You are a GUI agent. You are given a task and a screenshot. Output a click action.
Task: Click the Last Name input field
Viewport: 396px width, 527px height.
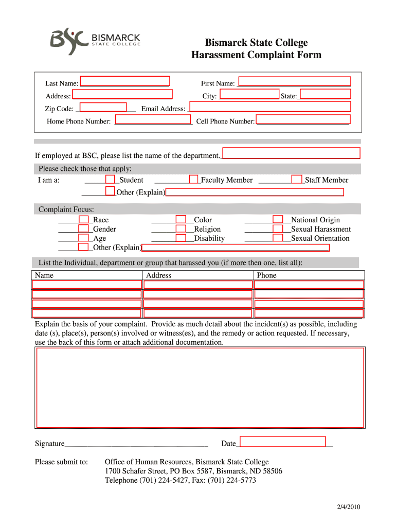click(125, 81)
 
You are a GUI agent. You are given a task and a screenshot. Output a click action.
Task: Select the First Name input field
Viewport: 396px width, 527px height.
click(295, 81)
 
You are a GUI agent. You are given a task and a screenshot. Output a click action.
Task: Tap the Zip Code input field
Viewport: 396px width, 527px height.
click(104, 107)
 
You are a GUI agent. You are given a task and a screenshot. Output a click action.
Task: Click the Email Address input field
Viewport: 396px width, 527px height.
click(270, 107)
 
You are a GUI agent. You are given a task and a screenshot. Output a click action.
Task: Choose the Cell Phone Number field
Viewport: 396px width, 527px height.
click(303, 119)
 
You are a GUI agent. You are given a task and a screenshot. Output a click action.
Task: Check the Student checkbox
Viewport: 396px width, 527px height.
click(110, 179)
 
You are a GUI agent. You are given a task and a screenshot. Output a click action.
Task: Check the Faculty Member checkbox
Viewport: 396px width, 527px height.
click(193, 179)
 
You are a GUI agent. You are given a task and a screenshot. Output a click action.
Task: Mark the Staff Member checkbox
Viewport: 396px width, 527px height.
click(297, 179)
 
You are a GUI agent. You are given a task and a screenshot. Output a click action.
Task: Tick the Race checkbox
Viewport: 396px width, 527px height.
click(83, 220)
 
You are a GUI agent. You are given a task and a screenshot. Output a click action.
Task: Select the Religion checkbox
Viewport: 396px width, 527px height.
click(181, 229)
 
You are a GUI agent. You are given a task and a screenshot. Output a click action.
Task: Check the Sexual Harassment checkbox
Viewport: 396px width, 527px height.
click(278, 229)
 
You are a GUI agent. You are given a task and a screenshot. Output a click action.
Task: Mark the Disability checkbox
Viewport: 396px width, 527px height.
click(181, 238)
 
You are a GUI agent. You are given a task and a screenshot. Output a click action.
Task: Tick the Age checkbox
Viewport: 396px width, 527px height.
click(83, 238)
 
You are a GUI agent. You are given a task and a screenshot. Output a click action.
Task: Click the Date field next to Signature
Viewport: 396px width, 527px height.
click(283, 442)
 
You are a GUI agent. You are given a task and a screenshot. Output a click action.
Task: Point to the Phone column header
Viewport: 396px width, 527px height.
click(266, 275)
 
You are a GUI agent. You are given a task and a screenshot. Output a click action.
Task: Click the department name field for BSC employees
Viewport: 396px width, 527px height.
click(291, 153)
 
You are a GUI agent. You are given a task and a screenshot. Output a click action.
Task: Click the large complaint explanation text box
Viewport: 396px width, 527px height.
click(200, 388)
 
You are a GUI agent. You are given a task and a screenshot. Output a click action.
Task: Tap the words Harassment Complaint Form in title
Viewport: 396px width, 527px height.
click(256, 55)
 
